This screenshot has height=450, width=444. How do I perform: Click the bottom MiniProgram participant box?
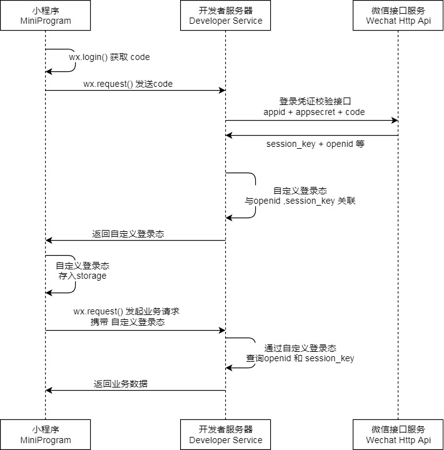click(x=45, y=434)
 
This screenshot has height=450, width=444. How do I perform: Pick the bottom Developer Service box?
click(x=226, y=434)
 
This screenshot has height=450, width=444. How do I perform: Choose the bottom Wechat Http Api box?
click(x=398, y=434)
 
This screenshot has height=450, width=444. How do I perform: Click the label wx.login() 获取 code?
click(x=109, y=57)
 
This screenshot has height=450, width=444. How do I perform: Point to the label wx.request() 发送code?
click(x=128, y=84)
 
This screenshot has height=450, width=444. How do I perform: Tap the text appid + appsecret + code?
click(x=314, y=112)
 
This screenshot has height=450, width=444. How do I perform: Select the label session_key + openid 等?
click(x=315, y=144)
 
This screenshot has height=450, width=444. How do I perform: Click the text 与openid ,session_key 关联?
click(x=300, y=202)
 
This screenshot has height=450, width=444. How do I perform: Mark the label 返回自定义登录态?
click(x=128, y=234)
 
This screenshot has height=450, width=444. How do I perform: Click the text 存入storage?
click(x=83, y=276)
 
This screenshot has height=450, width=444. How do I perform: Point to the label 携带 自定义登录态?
click(x=128, y=322)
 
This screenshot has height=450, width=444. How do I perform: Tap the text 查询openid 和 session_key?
click(x=300, y=358)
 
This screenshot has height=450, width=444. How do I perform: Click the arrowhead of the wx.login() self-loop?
click(x=49, y=72)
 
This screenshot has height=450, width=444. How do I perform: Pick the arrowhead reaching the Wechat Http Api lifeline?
click(x=394, y=120)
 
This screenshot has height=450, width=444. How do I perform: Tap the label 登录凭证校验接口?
click(x=310, y=101)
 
